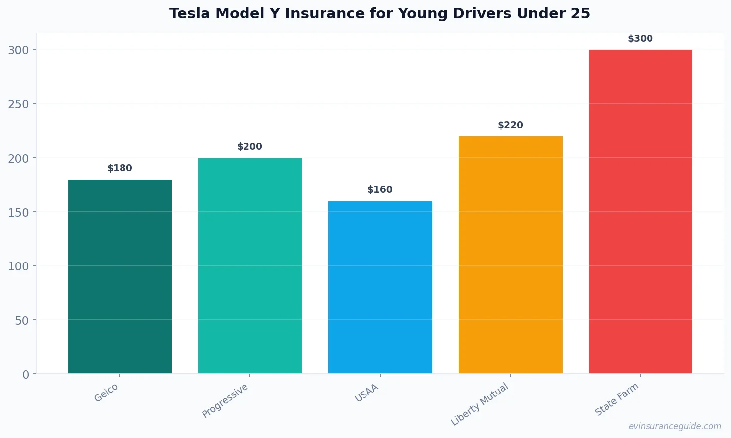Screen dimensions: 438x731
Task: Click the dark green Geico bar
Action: coord(120,277)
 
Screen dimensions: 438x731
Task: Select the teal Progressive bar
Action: coord(250,266)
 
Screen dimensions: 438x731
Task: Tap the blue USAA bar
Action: coord(380,287)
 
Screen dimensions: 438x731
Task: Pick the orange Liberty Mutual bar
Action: coord(510,255)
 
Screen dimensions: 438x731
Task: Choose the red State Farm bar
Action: coord(641,212)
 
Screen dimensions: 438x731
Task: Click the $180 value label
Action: coord(120,168)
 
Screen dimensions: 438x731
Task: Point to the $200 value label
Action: coord(250,147)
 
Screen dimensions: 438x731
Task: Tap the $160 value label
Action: coord(380,190)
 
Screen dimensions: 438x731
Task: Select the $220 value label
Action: coord(510,125)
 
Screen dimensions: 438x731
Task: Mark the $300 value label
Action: coord(641,39)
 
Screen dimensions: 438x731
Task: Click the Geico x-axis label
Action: coord(106,393)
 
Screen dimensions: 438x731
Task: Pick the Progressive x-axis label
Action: coord(225,401)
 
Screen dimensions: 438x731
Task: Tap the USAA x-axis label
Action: coord(367,393)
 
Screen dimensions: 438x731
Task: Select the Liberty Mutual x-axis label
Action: coord(480,404)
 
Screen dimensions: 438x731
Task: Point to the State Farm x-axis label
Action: coord(617,399)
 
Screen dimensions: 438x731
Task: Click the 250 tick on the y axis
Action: coord(19,104)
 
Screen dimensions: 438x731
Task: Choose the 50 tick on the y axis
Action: coord(22,321)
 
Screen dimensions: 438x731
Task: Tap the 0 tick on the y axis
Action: coord(26,375)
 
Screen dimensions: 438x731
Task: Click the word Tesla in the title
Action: coord(190,14)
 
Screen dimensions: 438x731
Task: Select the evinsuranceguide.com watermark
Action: coord(675,426)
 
